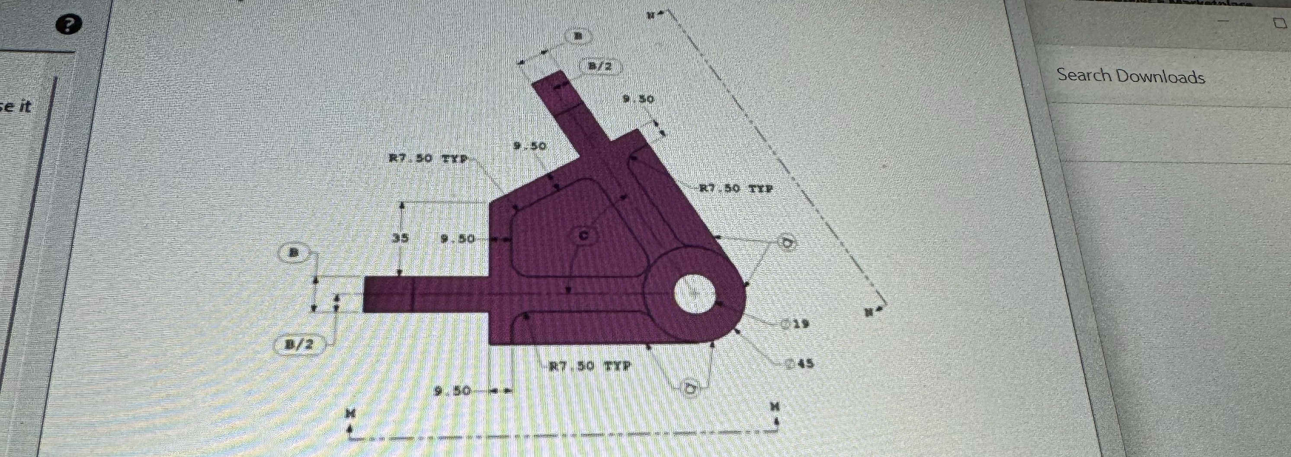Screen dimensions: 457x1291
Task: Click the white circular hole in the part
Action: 695,294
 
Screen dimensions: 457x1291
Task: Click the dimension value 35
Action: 400,239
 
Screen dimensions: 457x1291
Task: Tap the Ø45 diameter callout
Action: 799,363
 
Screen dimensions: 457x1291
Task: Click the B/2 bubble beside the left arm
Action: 299,344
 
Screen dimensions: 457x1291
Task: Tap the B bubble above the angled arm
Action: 578,36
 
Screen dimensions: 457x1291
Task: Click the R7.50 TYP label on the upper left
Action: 429,159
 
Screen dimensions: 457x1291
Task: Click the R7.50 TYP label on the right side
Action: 736,189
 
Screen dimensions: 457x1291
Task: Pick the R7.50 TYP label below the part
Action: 590,366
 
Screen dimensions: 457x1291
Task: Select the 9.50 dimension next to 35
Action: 457,239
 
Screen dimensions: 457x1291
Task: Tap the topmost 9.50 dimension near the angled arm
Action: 639,99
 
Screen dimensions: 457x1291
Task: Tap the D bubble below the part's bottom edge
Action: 690,388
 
